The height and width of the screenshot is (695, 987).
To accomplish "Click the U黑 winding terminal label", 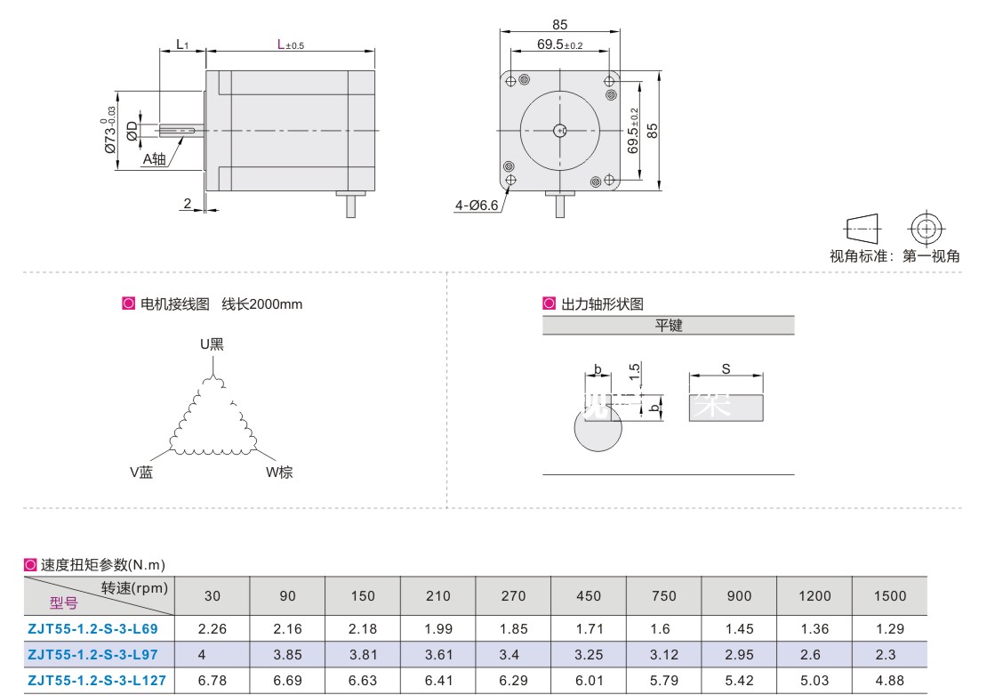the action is (x=212, y=344).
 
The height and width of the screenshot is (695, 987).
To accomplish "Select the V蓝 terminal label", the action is (x=141, y=472).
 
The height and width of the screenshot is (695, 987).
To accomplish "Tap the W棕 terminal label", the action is (x=279, y=472).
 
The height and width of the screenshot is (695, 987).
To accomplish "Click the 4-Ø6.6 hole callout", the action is (x=477, y=206).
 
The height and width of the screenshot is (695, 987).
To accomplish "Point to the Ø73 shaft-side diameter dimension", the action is (x=109, y=131).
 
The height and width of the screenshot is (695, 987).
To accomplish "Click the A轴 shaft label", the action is (x=154, y=158).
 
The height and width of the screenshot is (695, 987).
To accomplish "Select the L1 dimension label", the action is (x=182, y=44).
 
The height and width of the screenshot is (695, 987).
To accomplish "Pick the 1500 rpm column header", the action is (x=889, y=596).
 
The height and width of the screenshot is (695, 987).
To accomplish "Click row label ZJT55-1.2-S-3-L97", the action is (x=92, y=655).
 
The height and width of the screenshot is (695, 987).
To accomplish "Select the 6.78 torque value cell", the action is (x=213, y=681).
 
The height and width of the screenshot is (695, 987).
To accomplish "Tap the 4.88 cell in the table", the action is (x=889, y=681).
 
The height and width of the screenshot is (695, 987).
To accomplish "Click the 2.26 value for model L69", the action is (x=213, y=629).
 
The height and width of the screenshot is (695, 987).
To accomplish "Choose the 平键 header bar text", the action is (x=669, y=325).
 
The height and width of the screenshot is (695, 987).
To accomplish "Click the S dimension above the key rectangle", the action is (x=726, y=368).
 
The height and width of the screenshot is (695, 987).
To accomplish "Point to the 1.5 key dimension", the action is (x=635, y=371).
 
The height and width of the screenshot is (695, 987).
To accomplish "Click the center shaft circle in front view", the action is (x=559, y=131).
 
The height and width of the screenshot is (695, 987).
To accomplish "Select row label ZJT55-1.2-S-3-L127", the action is (x=97, y=681).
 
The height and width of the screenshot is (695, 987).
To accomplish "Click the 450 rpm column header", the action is (x=589, y=596).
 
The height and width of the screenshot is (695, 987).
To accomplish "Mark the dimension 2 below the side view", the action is (x=187, y=204).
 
